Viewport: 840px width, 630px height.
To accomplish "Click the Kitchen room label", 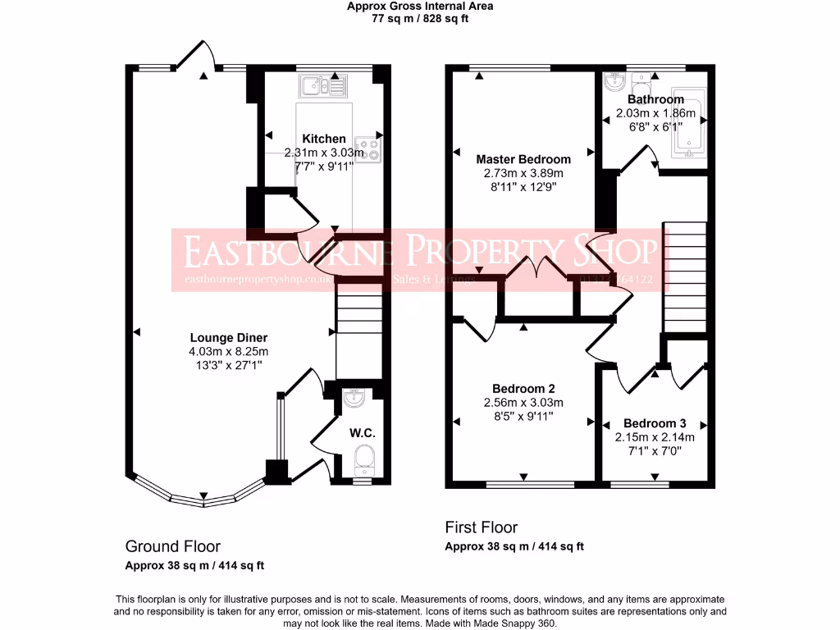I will pyautogui.click(x=324, y=139).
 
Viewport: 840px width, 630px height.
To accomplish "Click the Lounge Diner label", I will pyautogui.click(x=229, y=338).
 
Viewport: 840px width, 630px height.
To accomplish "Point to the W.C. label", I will pyautogui.click(x=363, y=432).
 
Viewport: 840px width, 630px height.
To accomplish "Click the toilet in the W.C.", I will pyautogui.click(x=363, y=459).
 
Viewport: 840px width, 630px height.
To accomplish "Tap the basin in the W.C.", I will pyautogui.click(x=355, y=399).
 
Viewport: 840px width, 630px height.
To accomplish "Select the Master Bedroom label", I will pyautogui.click(x=523, y=159).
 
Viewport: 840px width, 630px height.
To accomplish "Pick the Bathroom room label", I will pyautogui.click(x=655, y=100).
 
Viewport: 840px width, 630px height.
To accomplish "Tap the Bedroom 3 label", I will pyautogui.click(x=655, y=424).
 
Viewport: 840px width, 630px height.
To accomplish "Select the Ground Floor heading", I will pyautogui.click(x=172, y=546).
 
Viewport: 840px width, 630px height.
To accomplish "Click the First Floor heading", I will pyautogui.click(x=482, y=527).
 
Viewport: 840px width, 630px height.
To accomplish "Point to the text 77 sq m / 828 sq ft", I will pyautogui.click(x=420, y=18).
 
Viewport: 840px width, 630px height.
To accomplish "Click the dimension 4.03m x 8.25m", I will pyautogui.click(x=229, y=351).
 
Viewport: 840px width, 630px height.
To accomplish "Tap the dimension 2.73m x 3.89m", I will pyautogui.click(x=523, y=173).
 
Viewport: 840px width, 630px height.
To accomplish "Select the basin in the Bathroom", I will pyautogui.click(x=615, y=81).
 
